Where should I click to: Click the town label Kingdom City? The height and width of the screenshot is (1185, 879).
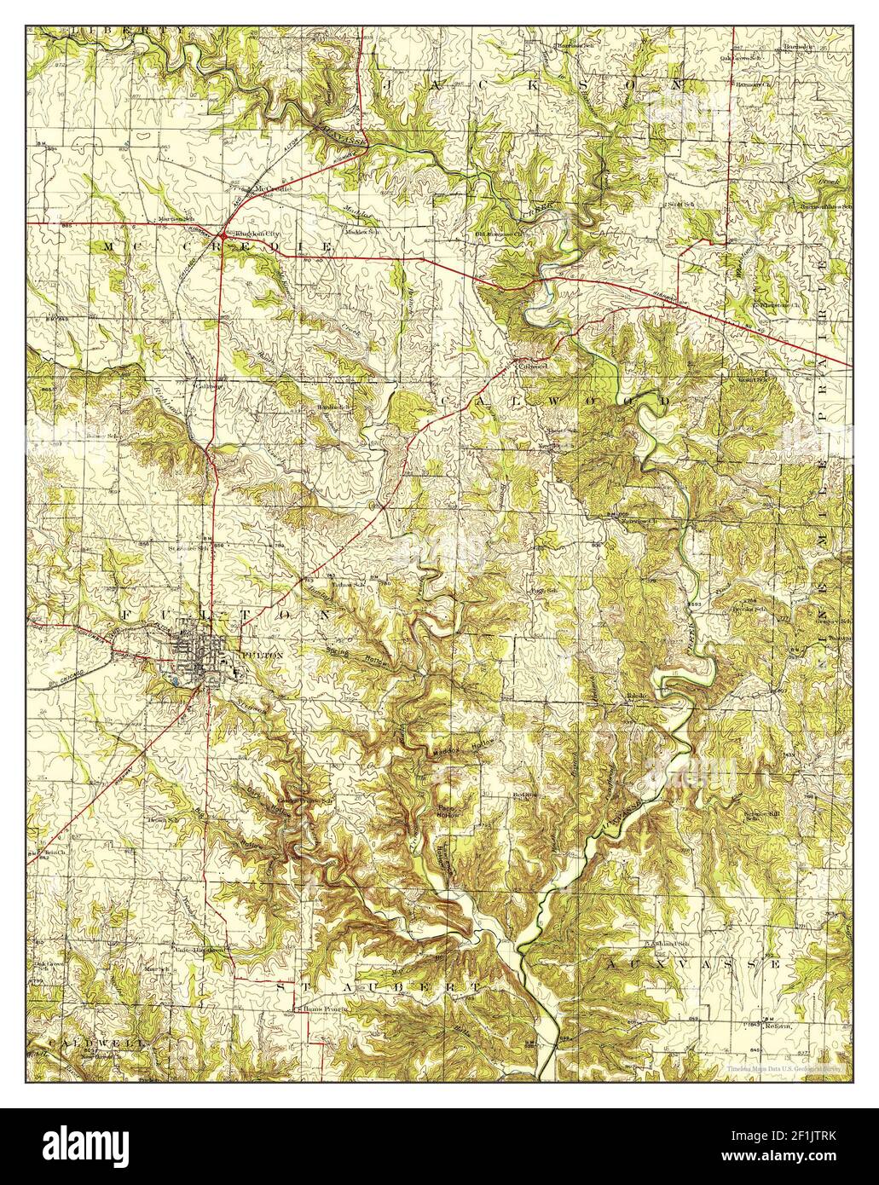256,234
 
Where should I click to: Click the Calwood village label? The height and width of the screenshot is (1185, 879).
533,366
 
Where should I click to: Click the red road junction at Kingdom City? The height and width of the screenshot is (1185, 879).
223,234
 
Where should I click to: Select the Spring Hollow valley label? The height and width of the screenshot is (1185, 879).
358,654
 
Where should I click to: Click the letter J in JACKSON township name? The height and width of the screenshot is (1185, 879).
394,85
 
